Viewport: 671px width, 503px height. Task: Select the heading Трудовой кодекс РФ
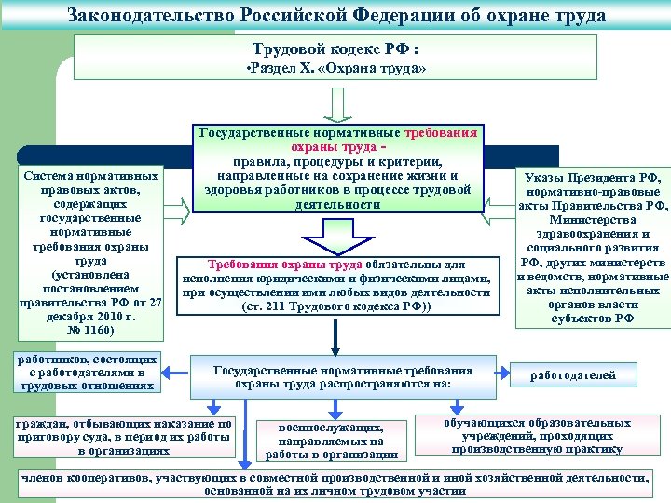coord(335,48)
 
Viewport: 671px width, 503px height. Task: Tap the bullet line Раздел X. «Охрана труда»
coord(335,71)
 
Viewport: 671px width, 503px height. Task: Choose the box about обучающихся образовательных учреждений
coord(536,435)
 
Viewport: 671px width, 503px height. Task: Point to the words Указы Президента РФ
coord(593,178)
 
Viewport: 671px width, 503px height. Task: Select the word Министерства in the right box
coord(593,220)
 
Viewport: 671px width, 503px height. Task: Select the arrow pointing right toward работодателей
coord(496,372)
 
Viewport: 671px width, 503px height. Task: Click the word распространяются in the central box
coord(367,383)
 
